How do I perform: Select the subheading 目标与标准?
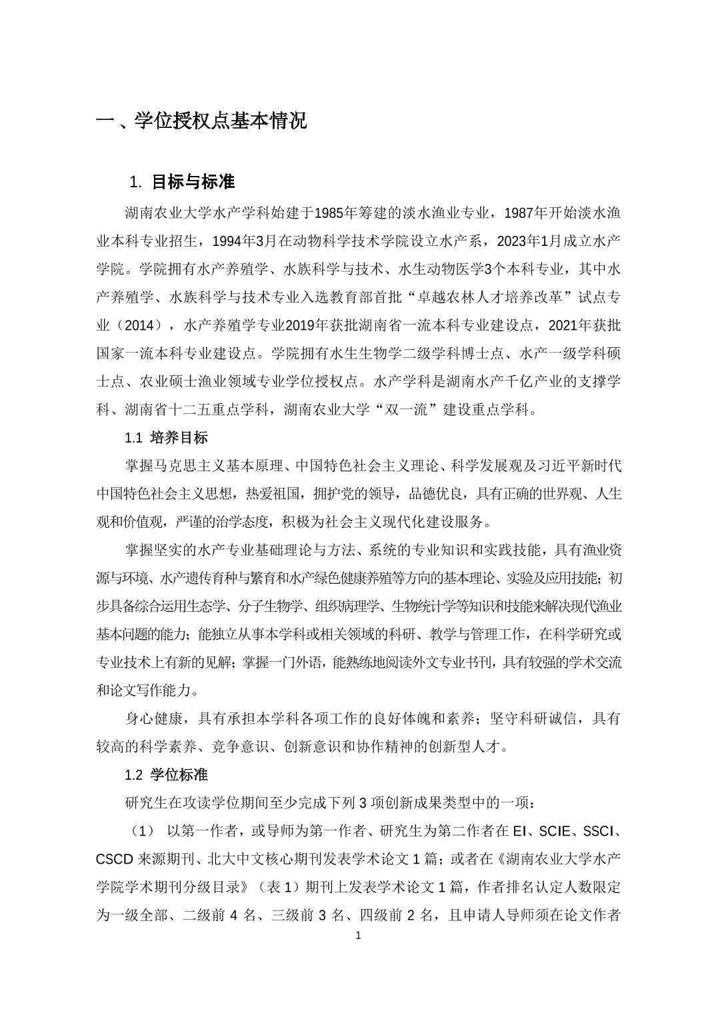(193, 182)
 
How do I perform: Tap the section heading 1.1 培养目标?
(166, 438)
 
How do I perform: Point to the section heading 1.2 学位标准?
(166, 775)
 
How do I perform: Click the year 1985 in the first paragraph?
(327, 213)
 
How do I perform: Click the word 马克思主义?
(193, 467)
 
